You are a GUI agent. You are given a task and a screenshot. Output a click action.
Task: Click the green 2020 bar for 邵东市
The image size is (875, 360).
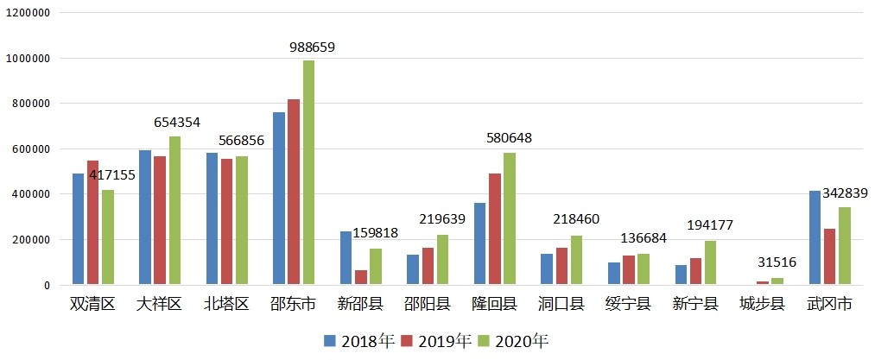308,173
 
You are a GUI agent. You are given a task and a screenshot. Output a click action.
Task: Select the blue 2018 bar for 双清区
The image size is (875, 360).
79,229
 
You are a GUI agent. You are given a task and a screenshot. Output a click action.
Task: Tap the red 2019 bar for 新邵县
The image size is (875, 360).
361,277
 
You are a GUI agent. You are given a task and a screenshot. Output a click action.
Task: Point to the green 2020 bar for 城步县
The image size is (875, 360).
777,281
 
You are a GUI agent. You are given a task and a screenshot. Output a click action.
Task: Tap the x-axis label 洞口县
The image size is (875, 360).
561,305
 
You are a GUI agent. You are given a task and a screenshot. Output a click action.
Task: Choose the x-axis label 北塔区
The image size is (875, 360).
227,305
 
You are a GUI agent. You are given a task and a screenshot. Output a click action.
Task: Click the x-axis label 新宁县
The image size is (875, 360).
695,305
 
